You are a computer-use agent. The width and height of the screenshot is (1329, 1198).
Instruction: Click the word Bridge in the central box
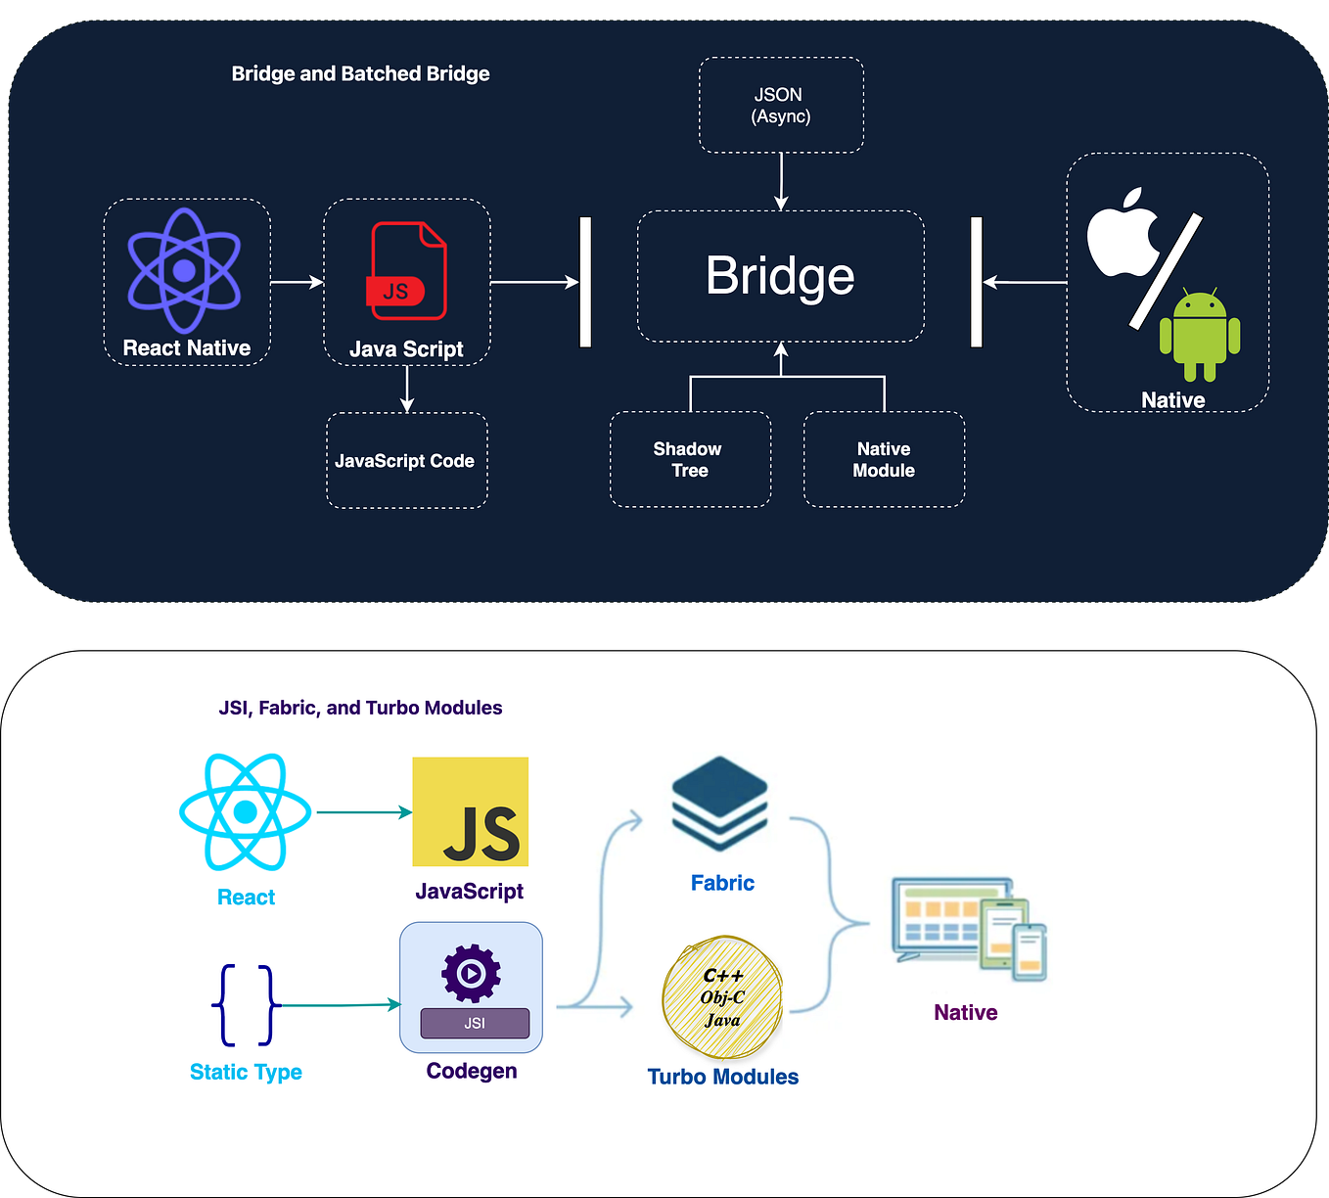pos(780,276)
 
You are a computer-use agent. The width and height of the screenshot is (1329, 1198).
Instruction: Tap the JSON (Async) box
pos(781,105)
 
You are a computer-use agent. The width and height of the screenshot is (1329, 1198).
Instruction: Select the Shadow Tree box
pos(690,459)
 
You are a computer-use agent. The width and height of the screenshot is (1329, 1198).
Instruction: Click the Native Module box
pos(884,459)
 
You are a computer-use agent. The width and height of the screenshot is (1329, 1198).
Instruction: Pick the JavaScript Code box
pos(406,461)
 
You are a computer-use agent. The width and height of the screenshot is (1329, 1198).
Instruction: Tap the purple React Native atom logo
pos(184,271)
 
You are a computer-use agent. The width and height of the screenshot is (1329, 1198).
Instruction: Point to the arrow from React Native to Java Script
pos(297,282)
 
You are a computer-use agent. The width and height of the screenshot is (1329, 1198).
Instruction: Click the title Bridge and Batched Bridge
pos(360,73)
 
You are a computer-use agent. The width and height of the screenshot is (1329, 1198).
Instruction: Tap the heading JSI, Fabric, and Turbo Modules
pos(360,708)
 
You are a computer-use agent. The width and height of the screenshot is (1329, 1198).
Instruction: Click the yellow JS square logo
pos(471,811)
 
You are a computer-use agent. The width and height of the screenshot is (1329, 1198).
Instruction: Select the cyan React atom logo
pos(246,811)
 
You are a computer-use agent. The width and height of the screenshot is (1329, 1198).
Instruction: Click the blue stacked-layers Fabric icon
pos(720,804)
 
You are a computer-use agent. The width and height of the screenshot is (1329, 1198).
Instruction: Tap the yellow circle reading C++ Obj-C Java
pos(723,997)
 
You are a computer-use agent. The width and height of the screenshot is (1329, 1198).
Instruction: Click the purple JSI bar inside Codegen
pos(475,1023)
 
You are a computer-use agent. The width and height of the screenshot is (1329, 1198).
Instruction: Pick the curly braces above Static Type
pos(246,1005)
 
